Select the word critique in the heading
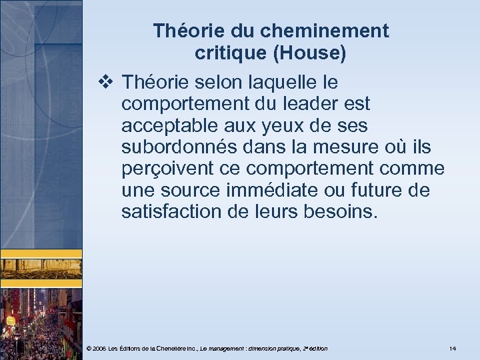tap(226, 54)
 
